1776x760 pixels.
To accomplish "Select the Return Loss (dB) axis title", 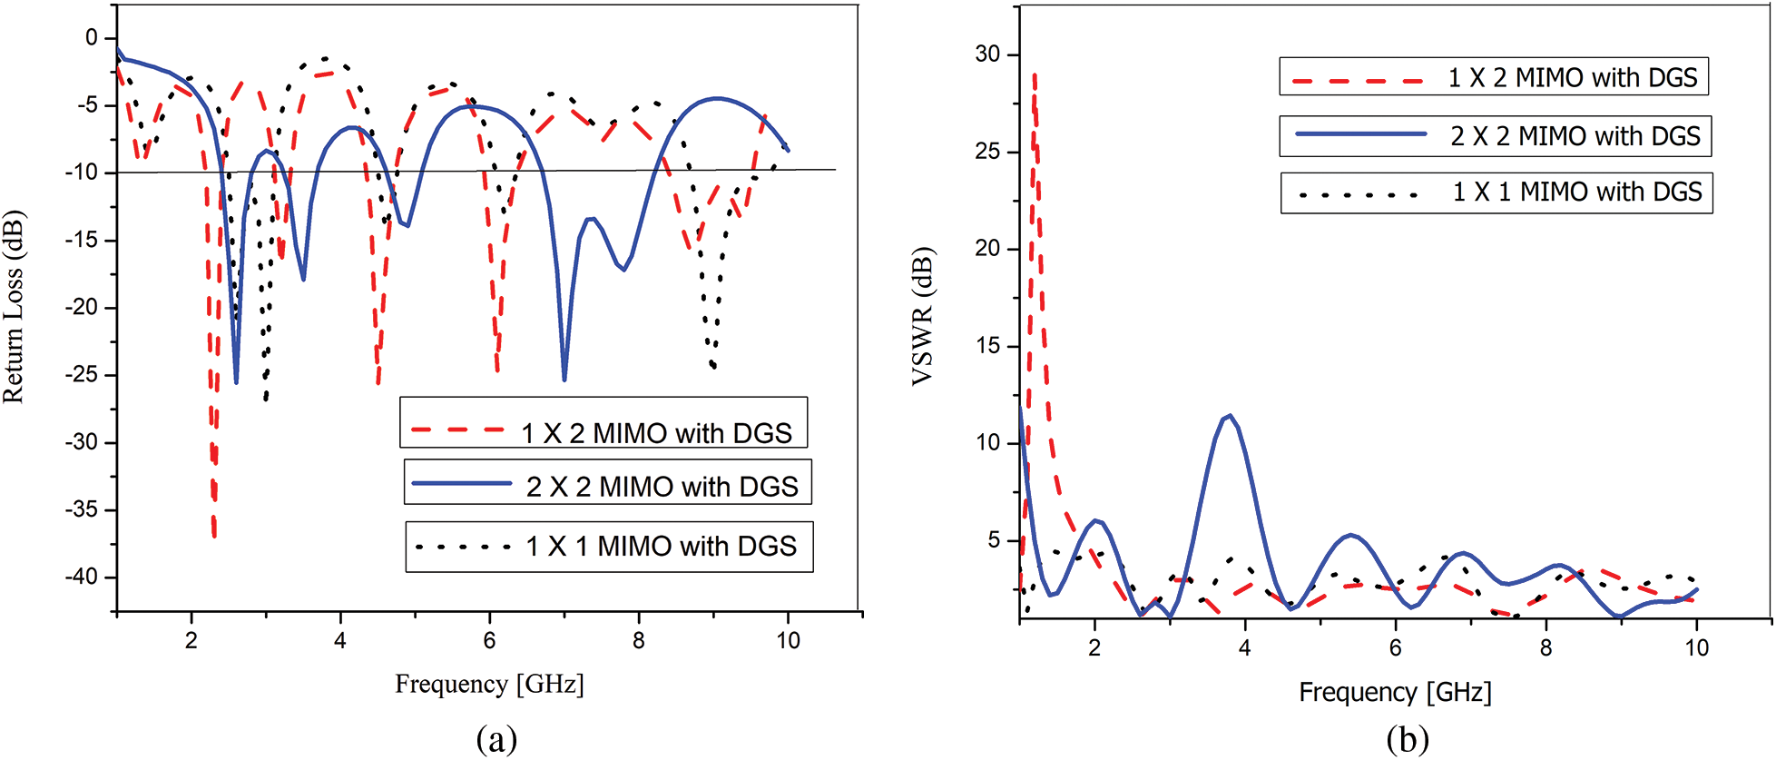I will [14, 307].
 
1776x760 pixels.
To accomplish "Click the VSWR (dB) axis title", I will [922, 316].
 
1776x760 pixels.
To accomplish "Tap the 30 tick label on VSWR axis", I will [987, 54].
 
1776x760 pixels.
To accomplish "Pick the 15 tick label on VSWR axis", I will [987, 346].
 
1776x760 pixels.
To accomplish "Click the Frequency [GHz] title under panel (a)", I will [489, 684].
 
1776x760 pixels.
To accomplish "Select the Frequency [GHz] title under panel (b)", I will [1395, 693].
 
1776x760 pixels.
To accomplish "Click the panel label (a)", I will [496, 739].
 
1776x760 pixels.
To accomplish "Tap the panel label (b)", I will [1408, 739].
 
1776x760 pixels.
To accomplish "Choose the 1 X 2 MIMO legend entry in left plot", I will [603, 432].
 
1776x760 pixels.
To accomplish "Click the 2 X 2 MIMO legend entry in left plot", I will [607, 486].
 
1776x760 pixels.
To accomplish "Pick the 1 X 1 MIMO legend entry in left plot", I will [609, 546].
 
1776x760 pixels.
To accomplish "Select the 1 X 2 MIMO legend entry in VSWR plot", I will [1494, 77].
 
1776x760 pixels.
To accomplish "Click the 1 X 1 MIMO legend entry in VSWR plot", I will [1496, 192].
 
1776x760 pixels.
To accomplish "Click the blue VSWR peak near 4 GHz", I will [1230, 416].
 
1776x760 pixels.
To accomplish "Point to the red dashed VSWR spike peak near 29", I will [1035, 76].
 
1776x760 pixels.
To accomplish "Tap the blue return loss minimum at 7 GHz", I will [564, 380].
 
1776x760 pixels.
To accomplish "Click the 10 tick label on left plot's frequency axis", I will [788, 641].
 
